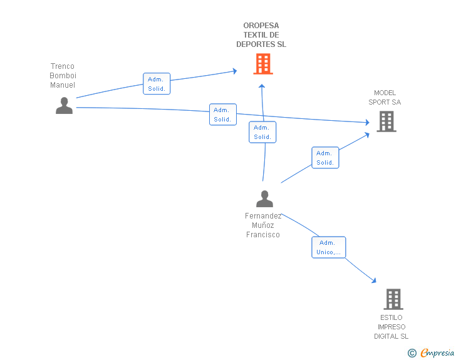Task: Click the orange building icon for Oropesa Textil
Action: click(x=263, y=64)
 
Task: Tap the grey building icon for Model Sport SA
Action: click(x=386, y=121)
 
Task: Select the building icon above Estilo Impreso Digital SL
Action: click(x=393, y=299)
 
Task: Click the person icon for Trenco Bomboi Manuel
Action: click(x=64, y=106)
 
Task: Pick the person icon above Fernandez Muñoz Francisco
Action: click(x=264, y=198)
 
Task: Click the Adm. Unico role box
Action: click(x=329, y=247)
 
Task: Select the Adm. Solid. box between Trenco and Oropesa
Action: click(x=157, y=84)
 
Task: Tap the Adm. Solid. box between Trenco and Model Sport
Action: click(x=223, y=115)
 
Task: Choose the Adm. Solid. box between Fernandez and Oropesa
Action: click(x=262, y=132)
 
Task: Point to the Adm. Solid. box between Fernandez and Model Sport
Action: click(x=325, y=158)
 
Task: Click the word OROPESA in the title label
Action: click(x=261, y=26)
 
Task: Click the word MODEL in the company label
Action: click(x=385, y=93)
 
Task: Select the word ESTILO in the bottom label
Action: click(x=391, y=317)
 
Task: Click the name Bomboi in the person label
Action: click(x=63, y=76)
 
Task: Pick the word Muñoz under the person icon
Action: click(x=263, y=225)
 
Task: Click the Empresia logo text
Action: click(x=437, y=352)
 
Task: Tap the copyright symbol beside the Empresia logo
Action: click(x=412, y=353)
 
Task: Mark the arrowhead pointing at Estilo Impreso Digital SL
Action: click(x=374, y=280)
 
